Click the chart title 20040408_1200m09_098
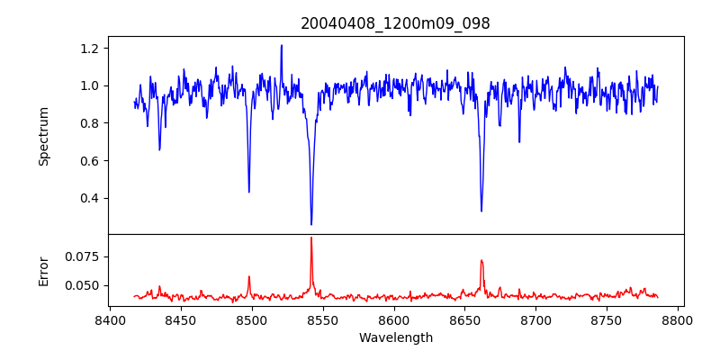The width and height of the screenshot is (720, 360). click(396, 23)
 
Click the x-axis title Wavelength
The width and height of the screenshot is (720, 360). click(396, 337)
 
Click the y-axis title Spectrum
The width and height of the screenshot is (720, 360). click(43, 136)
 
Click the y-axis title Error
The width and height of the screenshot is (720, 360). click(43, 270)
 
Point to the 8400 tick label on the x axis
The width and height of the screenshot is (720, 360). click(110, 319)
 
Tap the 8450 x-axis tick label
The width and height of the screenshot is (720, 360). click(181, 319)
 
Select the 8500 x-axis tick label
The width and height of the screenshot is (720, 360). click(252, 319)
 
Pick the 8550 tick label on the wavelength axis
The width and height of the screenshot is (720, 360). click(323, 319)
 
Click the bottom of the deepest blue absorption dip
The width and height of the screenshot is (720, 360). click(311, 224)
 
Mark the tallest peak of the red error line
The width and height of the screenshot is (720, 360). click(311, 238)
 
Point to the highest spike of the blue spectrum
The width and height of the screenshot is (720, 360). click(282, 45)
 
